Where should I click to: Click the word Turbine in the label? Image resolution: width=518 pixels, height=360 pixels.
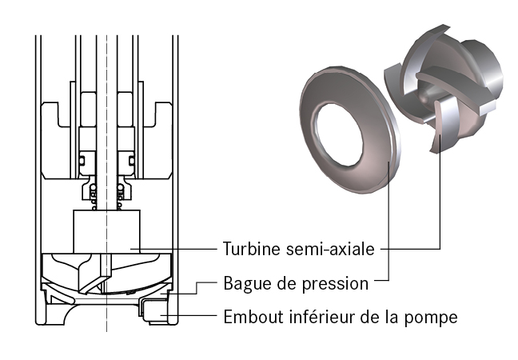point(252,249)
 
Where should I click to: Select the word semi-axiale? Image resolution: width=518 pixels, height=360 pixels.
point(330,249)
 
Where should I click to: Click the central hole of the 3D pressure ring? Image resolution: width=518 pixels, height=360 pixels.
point(339,135)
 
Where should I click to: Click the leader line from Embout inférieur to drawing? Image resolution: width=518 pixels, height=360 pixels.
point(189,315)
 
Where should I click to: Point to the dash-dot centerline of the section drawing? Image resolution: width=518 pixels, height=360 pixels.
point(106,183)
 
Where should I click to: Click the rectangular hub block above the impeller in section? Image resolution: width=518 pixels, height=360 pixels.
point(106,231)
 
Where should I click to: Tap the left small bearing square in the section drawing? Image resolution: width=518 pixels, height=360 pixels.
point(82,161)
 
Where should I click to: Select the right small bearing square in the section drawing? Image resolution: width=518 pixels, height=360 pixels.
point(131,161)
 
